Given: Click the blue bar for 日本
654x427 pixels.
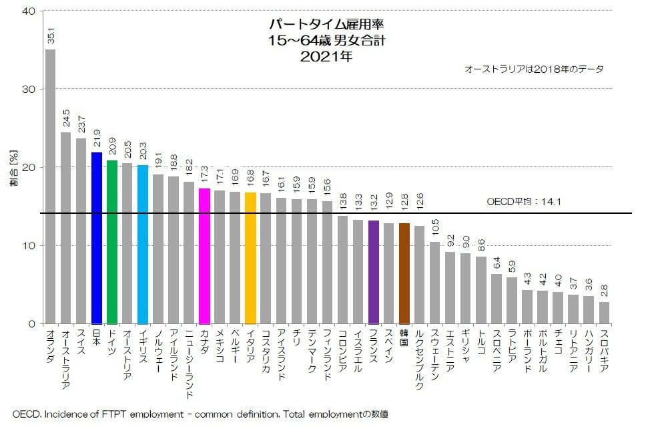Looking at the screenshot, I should [x=97, y=238].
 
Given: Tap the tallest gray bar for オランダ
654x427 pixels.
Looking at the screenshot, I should [x=51, y=187].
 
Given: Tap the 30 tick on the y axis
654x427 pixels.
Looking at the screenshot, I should [x=31, y=89].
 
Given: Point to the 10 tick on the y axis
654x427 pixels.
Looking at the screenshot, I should [x=31, y=245].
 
